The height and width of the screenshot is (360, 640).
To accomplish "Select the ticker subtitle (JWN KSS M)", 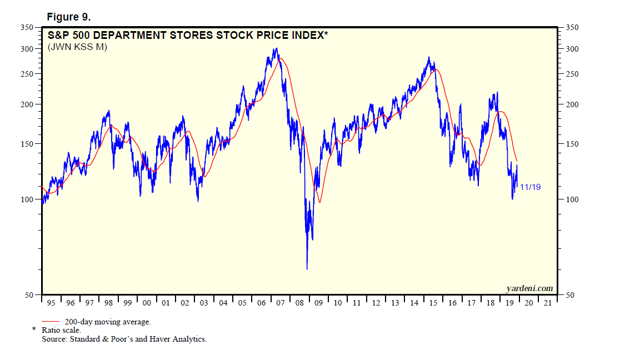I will [77, 47].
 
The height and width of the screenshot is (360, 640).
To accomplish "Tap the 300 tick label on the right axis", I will [572, 49].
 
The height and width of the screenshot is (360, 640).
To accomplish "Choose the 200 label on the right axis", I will [572, 104].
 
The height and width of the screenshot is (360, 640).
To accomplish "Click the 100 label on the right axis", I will [572, 199].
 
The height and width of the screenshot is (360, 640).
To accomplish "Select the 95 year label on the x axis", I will [51, 303].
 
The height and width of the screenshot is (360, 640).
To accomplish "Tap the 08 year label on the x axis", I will [299, 303].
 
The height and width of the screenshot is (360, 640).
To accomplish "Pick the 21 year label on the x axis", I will [548, 303].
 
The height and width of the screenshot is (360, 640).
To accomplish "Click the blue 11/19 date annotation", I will [530, 187].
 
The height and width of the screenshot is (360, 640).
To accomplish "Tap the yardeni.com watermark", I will [529, 288].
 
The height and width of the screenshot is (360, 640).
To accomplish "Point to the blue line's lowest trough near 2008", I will [307, 269].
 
